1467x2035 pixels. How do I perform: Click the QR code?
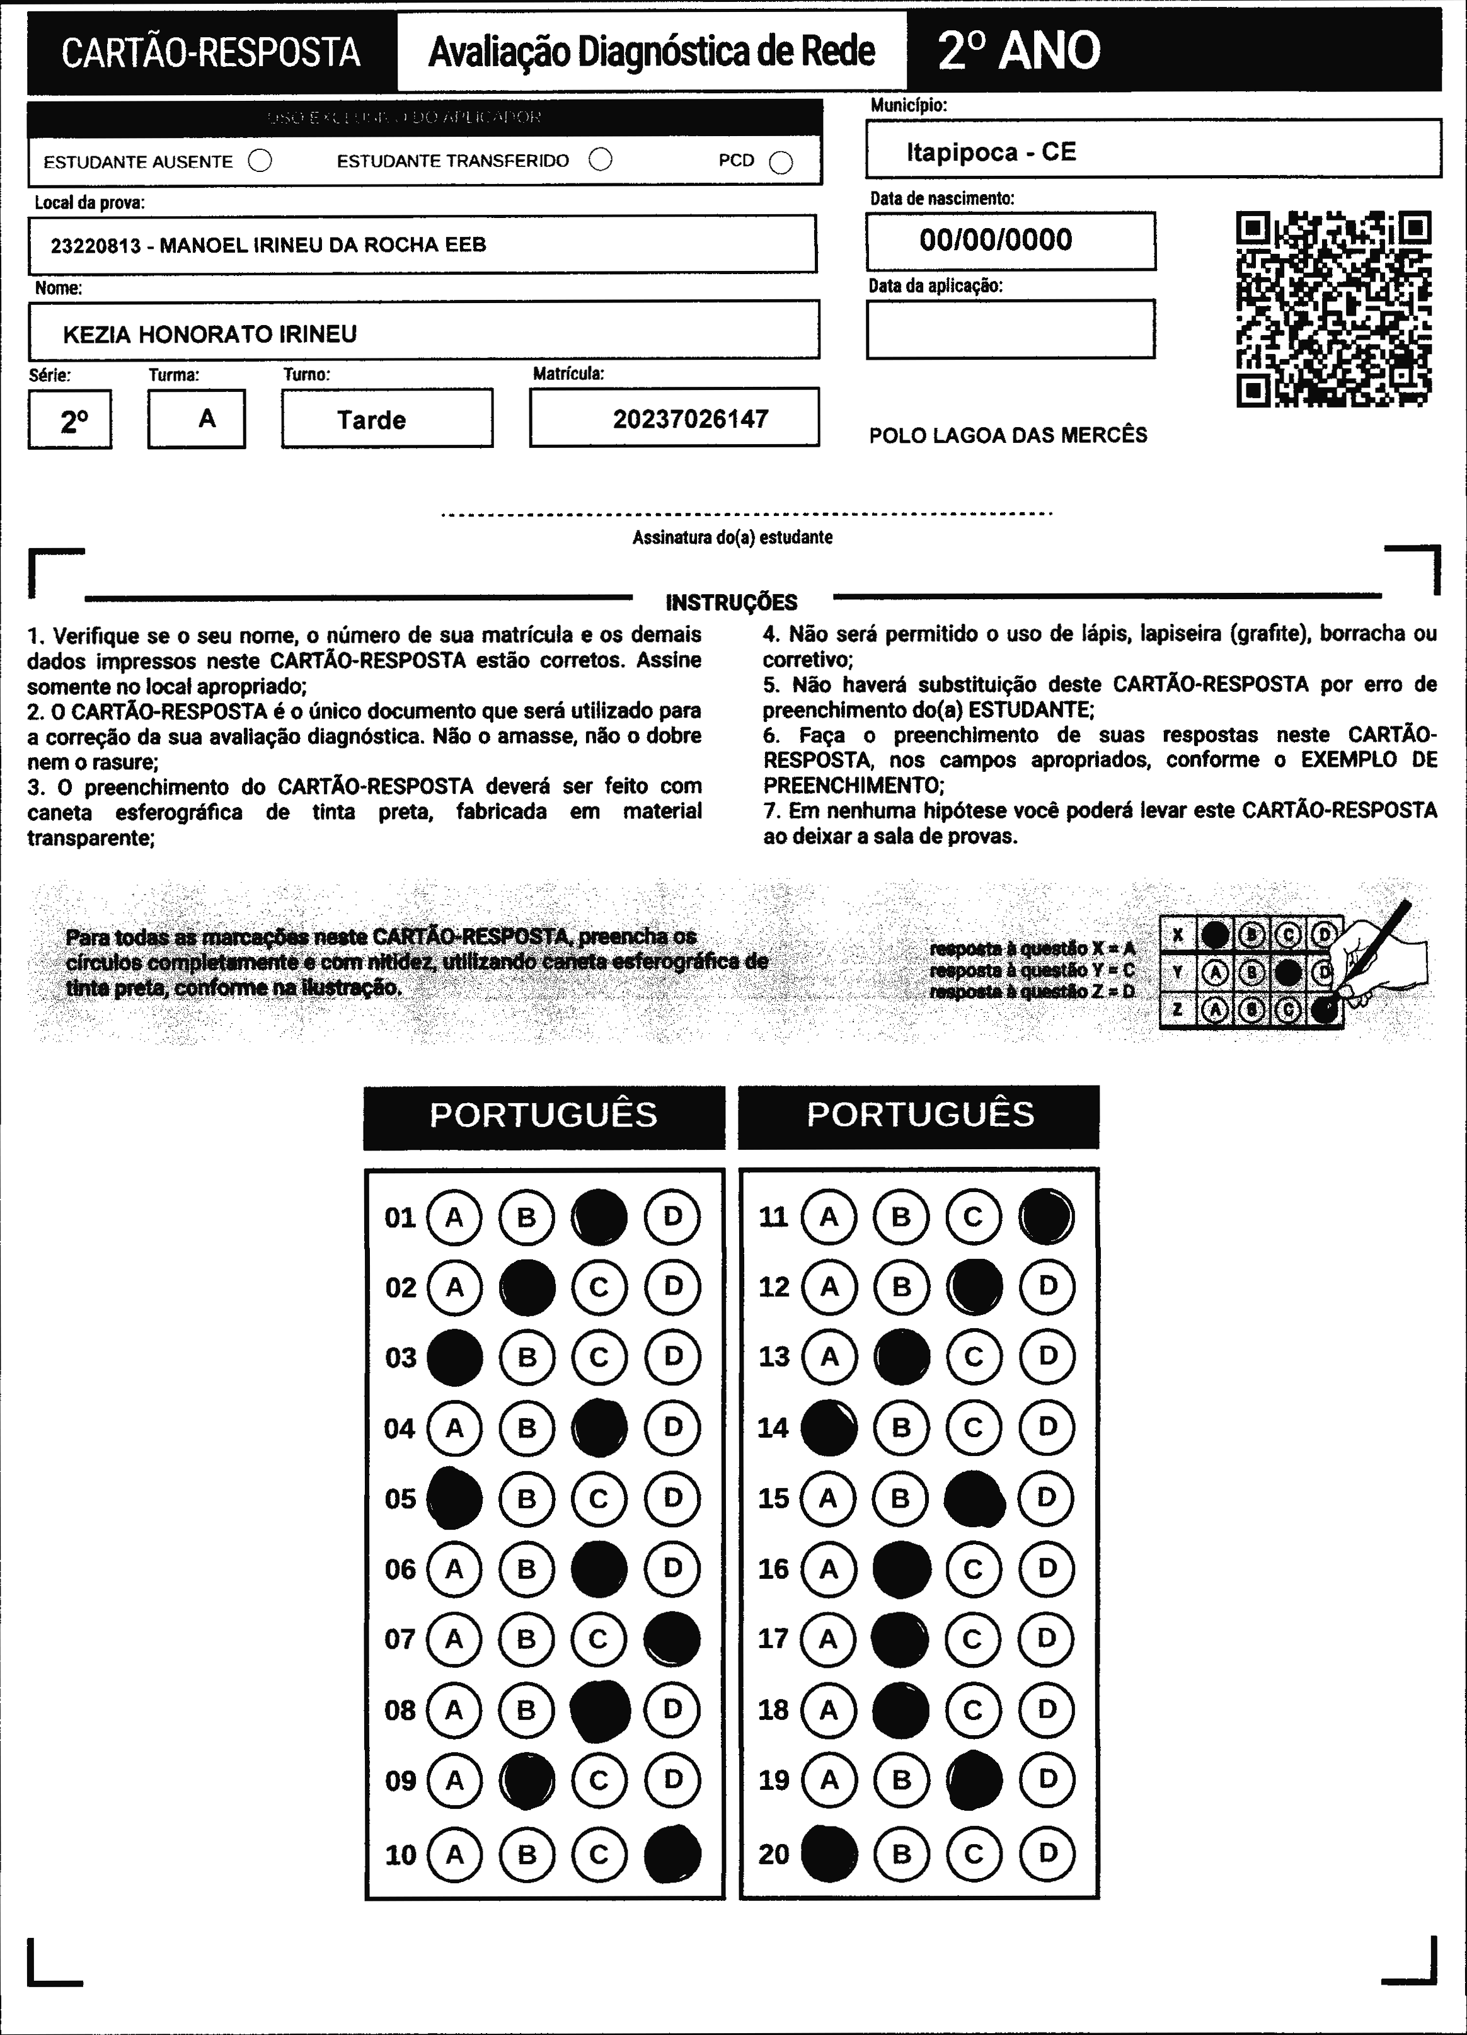1333,309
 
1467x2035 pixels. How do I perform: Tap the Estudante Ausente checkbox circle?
260,161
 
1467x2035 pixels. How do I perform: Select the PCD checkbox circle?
781,163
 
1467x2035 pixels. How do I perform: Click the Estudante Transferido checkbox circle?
601,160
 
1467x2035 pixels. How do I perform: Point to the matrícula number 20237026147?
690,419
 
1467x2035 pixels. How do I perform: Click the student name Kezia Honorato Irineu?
210,335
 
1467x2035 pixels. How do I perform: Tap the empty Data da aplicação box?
1010,330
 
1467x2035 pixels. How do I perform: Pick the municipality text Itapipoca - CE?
991,152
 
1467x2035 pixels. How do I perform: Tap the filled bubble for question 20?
829,1854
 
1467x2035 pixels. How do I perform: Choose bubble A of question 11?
829,1217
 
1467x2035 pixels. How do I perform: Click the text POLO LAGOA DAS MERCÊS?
1008,435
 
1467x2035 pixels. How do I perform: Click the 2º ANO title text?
1018,51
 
